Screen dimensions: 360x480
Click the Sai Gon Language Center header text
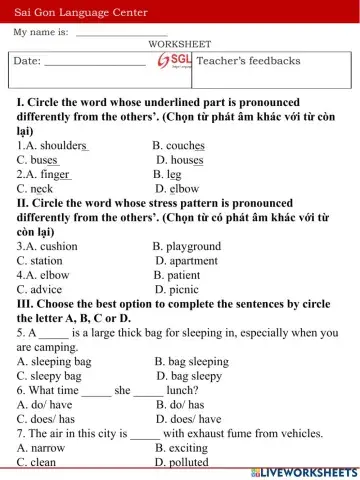(80, 12)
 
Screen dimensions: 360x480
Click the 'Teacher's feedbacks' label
(248, 61)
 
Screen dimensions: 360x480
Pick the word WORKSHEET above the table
(180, 45)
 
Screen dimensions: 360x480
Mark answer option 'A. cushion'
(47, 246)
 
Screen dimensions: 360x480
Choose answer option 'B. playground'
(187, 246)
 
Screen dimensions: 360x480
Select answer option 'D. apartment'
(186, 261)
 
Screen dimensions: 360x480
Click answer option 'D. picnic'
(177, 290)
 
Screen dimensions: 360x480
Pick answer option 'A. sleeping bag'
(54, 361)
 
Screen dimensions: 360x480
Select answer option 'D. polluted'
(182, 463)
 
